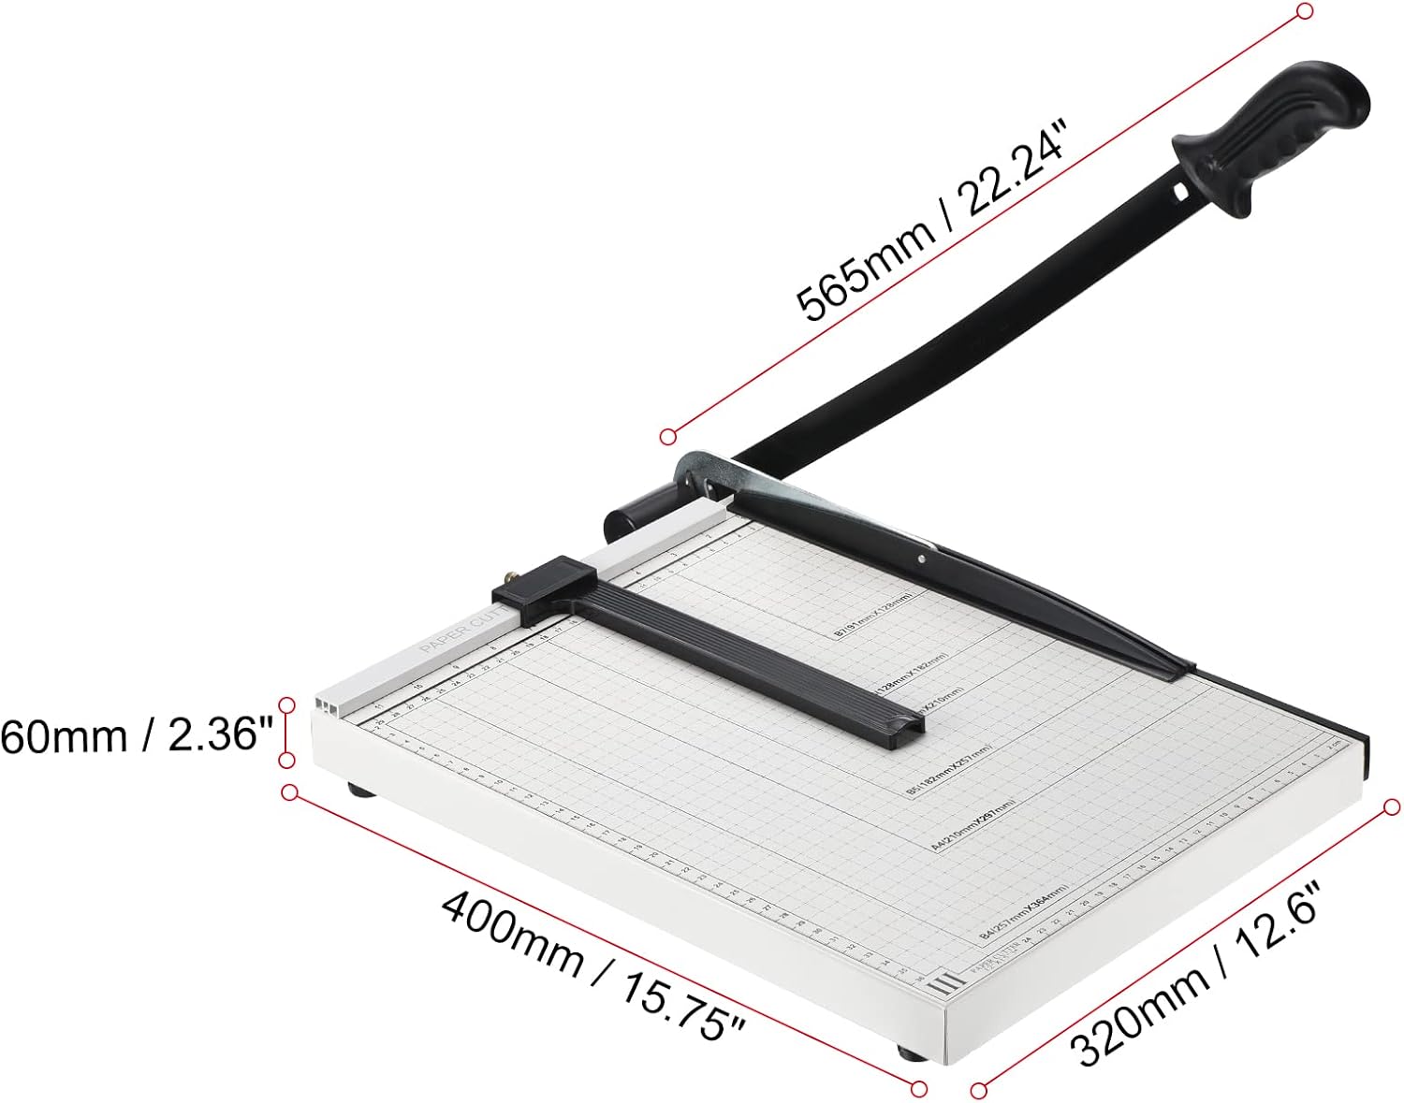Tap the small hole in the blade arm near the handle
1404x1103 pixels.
[x=1180, y=192]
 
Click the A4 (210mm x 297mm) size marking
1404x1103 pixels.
[x=973, y=822]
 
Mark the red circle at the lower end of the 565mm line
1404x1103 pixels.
[x=667, y=436]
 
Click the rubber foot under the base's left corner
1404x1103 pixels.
[x=360, y=791]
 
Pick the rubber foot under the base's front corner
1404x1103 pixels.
[x=909, y=1052]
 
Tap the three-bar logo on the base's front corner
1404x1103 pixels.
[x=945, y=983]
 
